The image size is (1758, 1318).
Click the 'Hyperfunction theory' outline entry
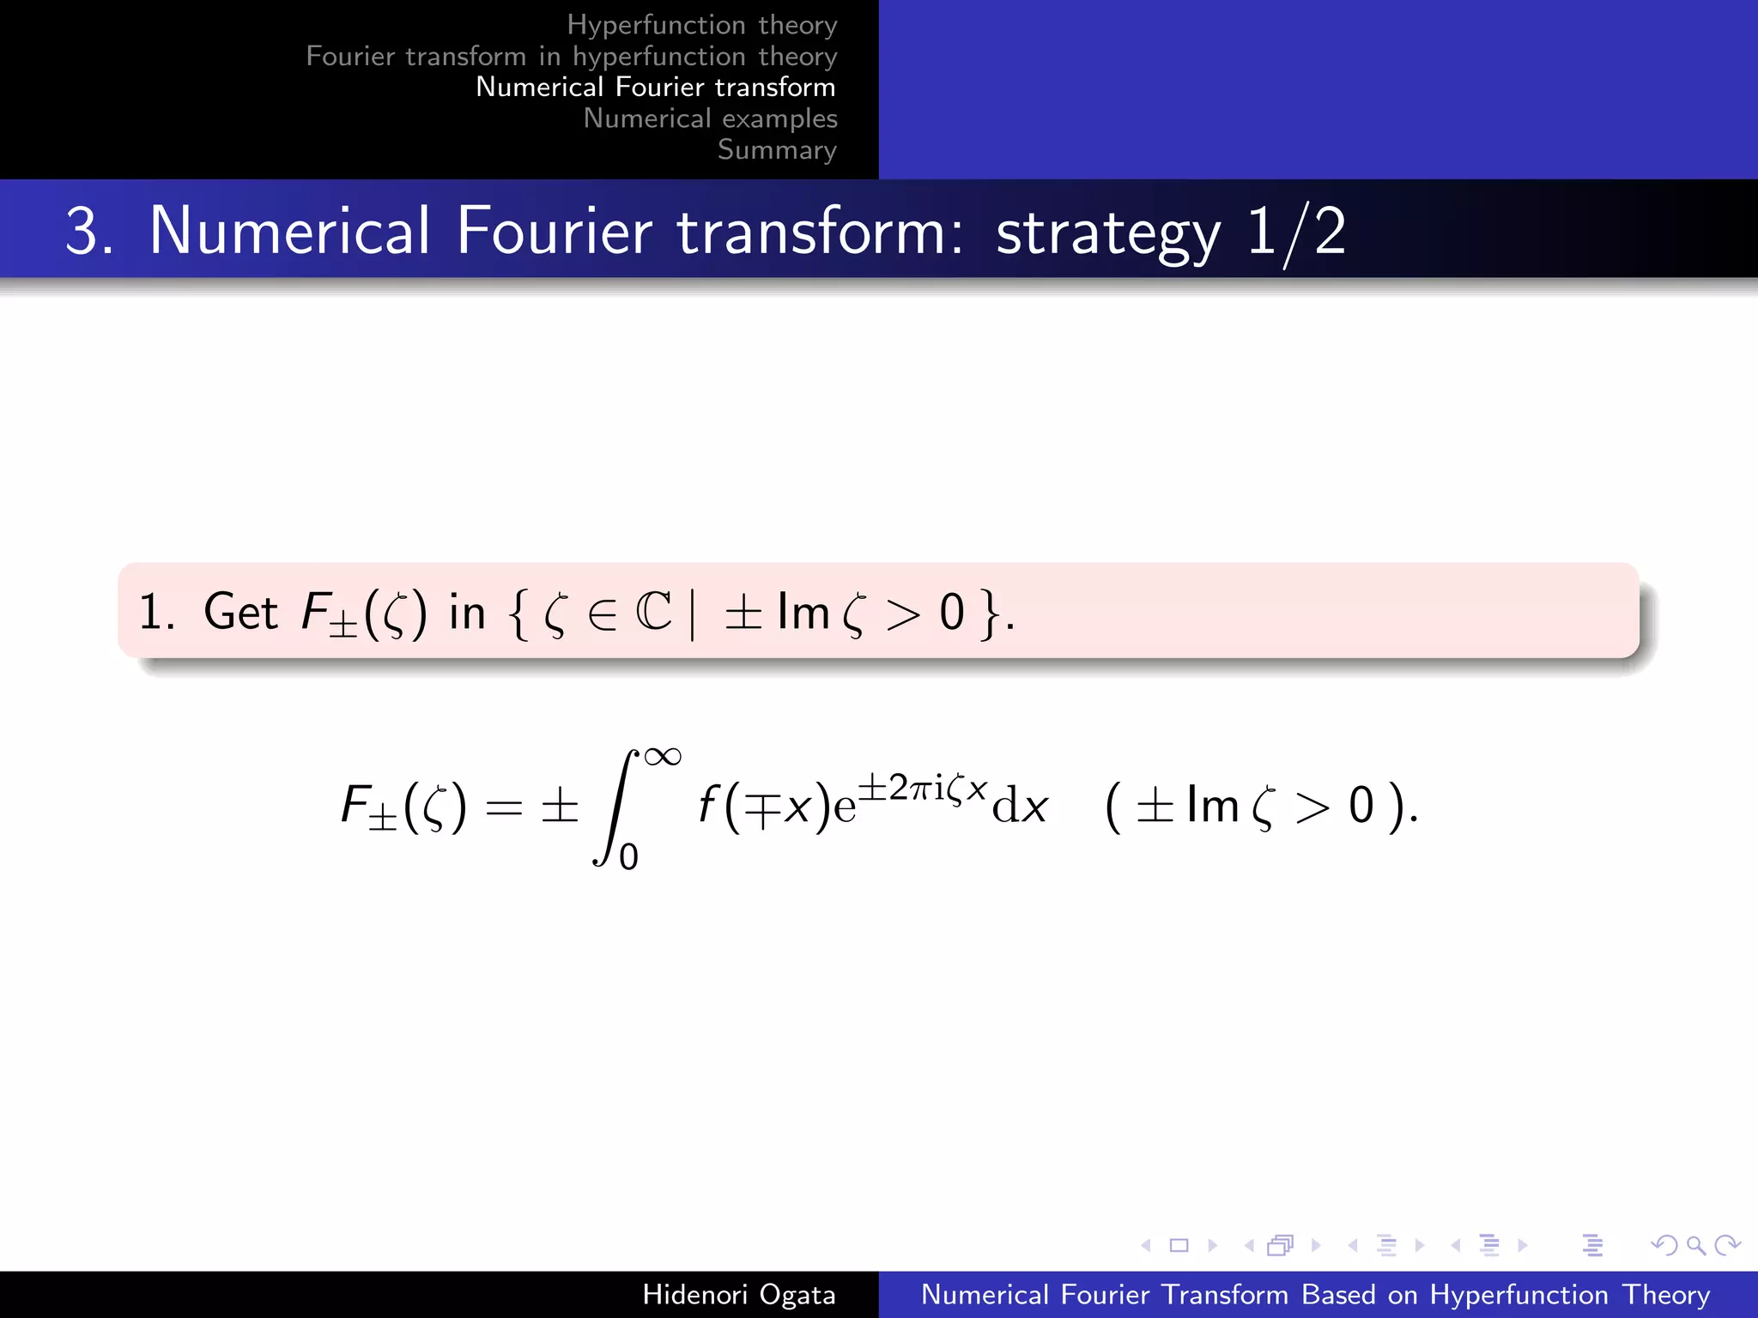click(701, 25)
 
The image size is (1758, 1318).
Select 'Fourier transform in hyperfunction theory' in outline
click(571, 56)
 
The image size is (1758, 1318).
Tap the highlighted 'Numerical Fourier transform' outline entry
click(655, 87)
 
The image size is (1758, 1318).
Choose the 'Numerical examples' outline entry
click(710, 118)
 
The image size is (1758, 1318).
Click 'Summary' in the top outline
click(777, 149)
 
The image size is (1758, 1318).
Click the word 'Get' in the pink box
click(240, 612)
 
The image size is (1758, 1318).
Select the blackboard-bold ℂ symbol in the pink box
click(654, 612)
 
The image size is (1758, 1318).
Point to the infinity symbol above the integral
click(663, 757)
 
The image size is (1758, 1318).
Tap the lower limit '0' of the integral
click(629, 857)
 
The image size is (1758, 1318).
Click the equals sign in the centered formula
click(504, 807)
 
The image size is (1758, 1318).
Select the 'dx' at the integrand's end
click(1020, 807)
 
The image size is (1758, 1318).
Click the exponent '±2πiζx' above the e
click(923, 787)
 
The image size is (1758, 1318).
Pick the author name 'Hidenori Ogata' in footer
click(738, 1294)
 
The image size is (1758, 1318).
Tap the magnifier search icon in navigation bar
click(1695, 1244)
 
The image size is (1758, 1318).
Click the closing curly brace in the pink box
click(991, 613)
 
